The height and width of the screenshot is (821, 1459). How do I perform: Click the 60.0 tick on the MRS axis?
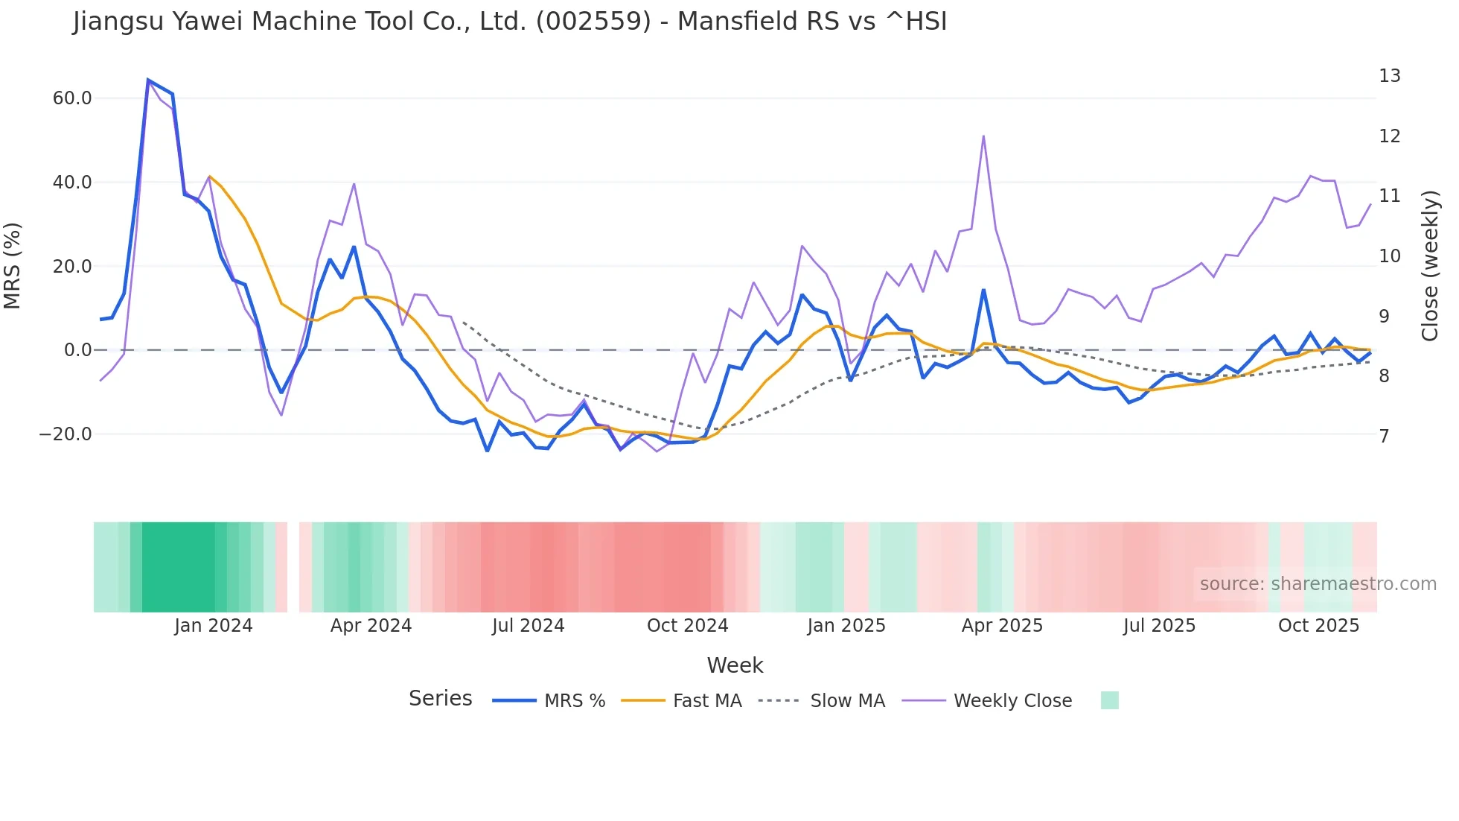click(71, 98)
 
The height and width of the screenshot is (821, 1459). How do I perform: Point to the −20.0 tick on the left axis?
click(66, 434)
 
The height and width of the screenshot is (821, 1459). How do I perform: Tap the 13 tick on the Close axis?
click(1389, 76)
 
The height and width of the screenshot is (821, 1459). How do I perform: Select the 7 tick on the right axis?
click(1384, 436)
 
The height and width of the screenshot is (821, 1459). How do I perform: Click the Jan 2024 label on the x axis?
click(214, 626)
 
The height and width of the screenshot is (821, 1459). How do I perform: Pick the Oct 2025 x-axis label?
click(1318, 626)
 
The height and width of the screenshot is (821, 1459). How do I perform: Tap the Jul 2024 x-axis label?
click(528, 626)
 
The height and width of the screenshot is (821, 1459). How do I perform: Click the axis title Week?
click(735, 665)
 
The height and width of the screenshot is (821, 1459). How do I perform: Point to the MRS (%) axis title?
click(13, 266)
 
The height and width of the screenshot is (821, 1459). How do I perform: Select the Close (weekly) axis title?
click(1430, 266)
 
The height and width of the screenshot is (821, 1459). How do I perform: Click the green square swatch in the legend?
click(1109, 700)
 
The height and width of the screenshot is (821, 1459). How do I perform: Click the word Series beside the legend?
click(440, 699)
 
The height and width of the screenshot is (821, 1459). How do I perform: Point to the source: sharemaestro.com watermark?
click(1318, 584)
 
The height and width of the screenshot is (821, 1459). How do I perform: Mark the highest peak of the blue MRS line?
click(148, 80)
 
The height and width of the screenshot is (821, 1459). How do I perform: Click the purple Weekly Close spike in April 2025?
click(983, 136)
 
